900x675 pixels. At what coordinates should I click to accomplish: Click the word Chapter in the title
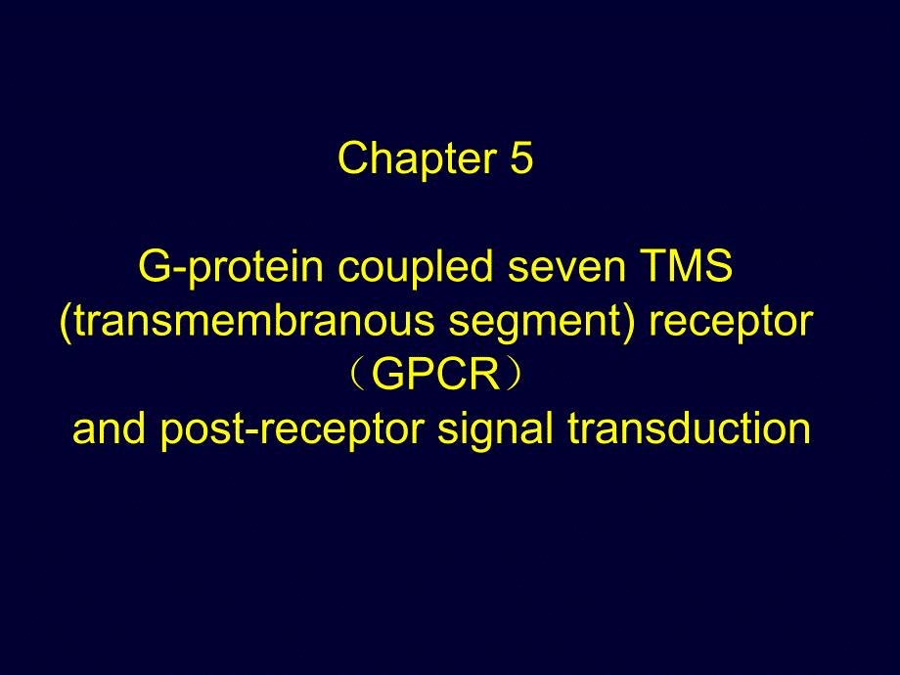(x=418, y=159)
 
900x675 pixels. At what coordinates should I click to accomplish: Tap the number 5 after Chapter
(x=521, y=157)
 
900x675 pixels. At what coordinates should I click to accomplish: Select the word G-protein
(x=231, y=267)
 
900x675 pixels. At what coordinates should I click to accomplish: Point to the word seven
(x=566, y=270)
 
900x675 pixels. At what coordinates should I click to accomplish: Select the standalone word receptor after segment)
(x=731, y=324)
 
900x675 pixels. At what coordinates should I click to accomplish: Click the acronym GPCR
(x=435, y=375)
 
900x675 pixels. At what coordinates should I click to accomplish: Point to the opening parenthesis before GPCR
(x=358, y=375)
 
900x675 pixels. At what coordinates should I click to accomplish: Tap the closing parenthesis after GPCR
(x=514, y=375)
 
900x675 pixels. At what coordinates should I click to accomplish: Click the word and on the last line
(x=109, y=428)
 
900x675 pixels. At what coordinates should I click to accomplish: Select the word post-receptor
(x=292, y=431)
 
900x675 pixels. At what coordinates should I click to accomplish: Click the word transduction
(x=690, y=428)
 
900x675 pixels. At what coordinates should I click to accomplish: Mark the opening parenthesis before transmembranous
(x=66, y=322)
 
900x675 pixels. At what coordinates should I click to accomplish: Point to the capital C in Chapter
(x=353, y=157)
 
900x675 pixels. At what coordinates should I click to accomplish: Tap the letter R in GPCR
(x=485, y=375)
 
